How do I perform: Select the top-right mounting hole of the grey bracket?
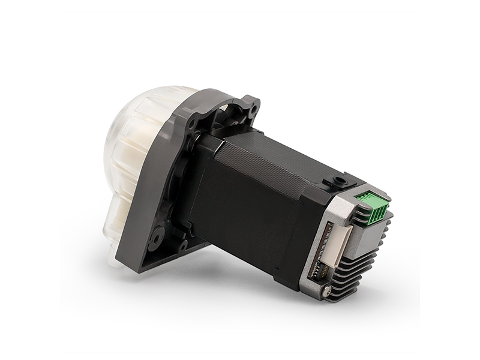[253, 108]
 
